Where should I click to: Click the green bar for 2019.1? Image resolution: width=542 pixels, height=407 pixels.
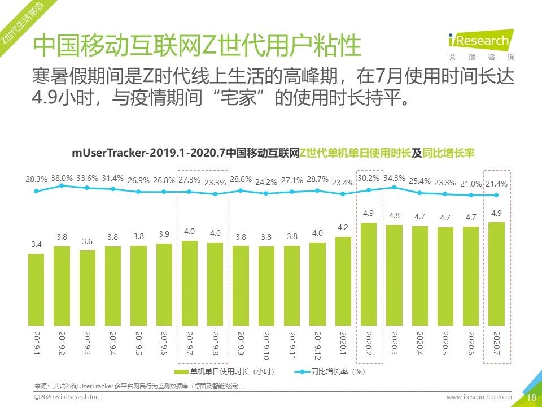pos(36,289)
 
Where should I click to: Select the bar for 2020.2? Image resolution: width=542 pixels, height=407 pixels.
pos(368,274)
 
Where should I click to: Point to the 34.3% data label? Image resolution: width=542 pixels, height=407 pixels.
pos(394,178)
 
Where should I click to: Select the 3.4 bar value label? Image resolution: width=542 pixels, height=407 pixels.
pos(36,245)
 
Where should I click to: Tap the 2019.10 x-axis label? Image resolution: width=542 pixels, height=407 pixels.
pos(266,347)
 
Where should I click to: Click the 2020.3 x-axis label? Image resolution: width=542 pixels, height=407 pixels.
pos(394,344)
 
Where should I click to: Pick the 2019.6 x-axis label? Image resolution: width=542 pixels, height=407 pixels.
pos(164,344)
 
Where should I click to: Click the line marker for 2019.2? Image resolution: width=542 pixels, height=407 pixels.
pos(62,185)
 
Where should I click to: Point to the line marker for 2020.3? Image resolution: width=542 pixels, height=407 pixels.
pos(394,187)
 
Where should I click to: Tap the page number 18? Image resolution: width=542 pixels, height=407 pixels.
pos(531,397)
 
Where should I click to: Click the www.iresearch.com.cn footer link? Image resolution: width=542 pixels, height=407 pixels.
pos(479,397)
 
